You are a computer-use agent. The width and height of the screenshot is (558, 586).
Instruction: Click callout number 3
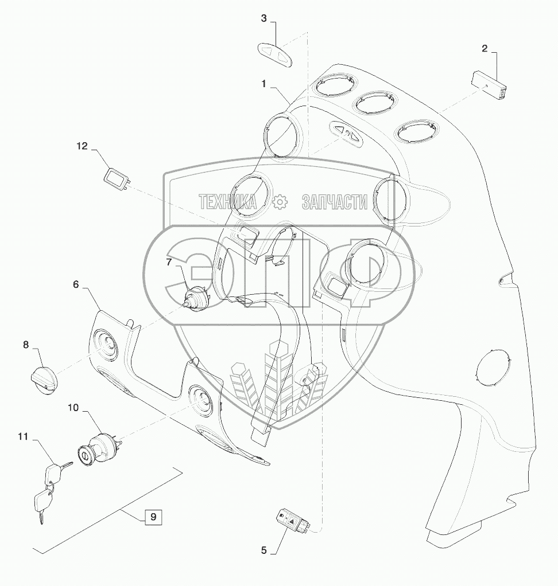pos(264,18)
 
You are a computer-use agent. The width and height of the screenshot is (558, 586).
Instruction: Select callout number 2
pos(485,49)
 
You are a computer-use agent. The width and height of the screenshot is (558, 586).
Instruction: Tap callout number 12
pos(82,146)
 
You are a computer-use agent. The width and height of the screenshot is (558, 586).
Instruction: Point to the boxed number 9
pos(153,517)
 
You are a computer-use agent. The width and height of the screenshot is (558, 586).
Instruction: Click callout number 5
pos(264,550)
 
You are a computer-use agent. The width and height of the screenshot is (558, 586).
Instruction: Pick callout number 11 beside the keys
pos(23,436)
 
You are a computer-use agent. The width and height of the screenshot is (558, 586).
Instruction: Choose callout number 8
pos(26,345)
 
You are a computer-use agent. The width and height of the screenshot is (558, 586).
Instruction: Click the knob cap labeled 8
pos(44,379)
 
